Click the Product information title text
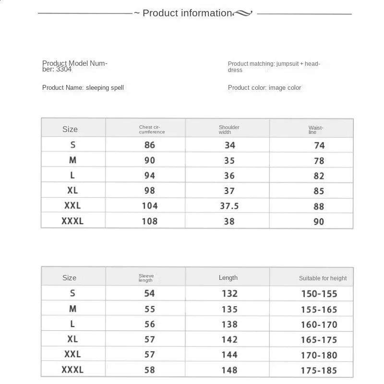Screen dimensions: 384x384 (187, 13)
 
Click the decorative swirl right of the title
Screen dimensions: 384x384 (242, 14)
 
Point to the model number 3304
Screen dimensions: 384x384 (64, 69)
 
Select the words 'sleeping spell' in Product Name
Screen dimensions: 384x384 (105, 87)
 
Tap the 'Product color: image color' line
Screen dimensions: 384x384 (264, 87)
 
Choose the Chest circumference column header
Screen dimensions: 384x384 (152, 129)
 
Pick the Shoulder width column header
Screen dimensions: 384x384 (229, 129)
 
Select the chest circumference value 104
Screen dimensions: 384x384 (150, 206)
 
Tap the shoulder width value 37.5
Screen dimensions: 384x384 (229, 206)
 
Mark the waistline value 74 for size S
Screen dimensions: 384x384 (319, 145)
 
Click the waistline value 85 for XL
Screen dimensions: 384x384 (319, 191)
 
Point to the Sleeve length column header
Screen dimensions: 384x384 (146, 278)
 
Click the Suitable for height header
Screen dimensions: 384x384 (323, 278)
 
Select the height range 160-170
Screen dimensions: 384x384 (319, 324)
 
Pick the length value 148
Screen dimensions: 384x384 (229, 370)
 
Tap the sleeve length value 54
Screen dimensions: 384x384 (150, 293)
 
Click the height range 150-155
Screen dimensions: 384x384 (319, 294)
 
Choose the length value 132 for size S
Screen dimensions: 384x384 (229, 293)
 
